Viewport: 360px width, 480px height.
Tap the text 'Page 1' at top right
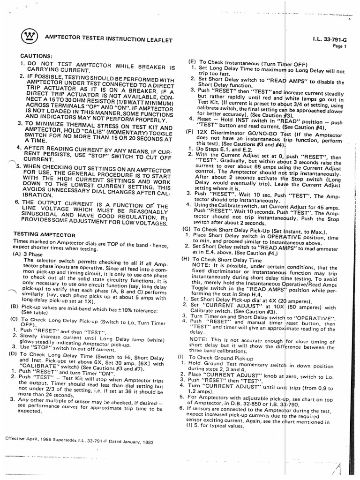point(339,46)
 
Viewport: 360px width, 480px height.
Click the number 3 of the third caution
point(20,123)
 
